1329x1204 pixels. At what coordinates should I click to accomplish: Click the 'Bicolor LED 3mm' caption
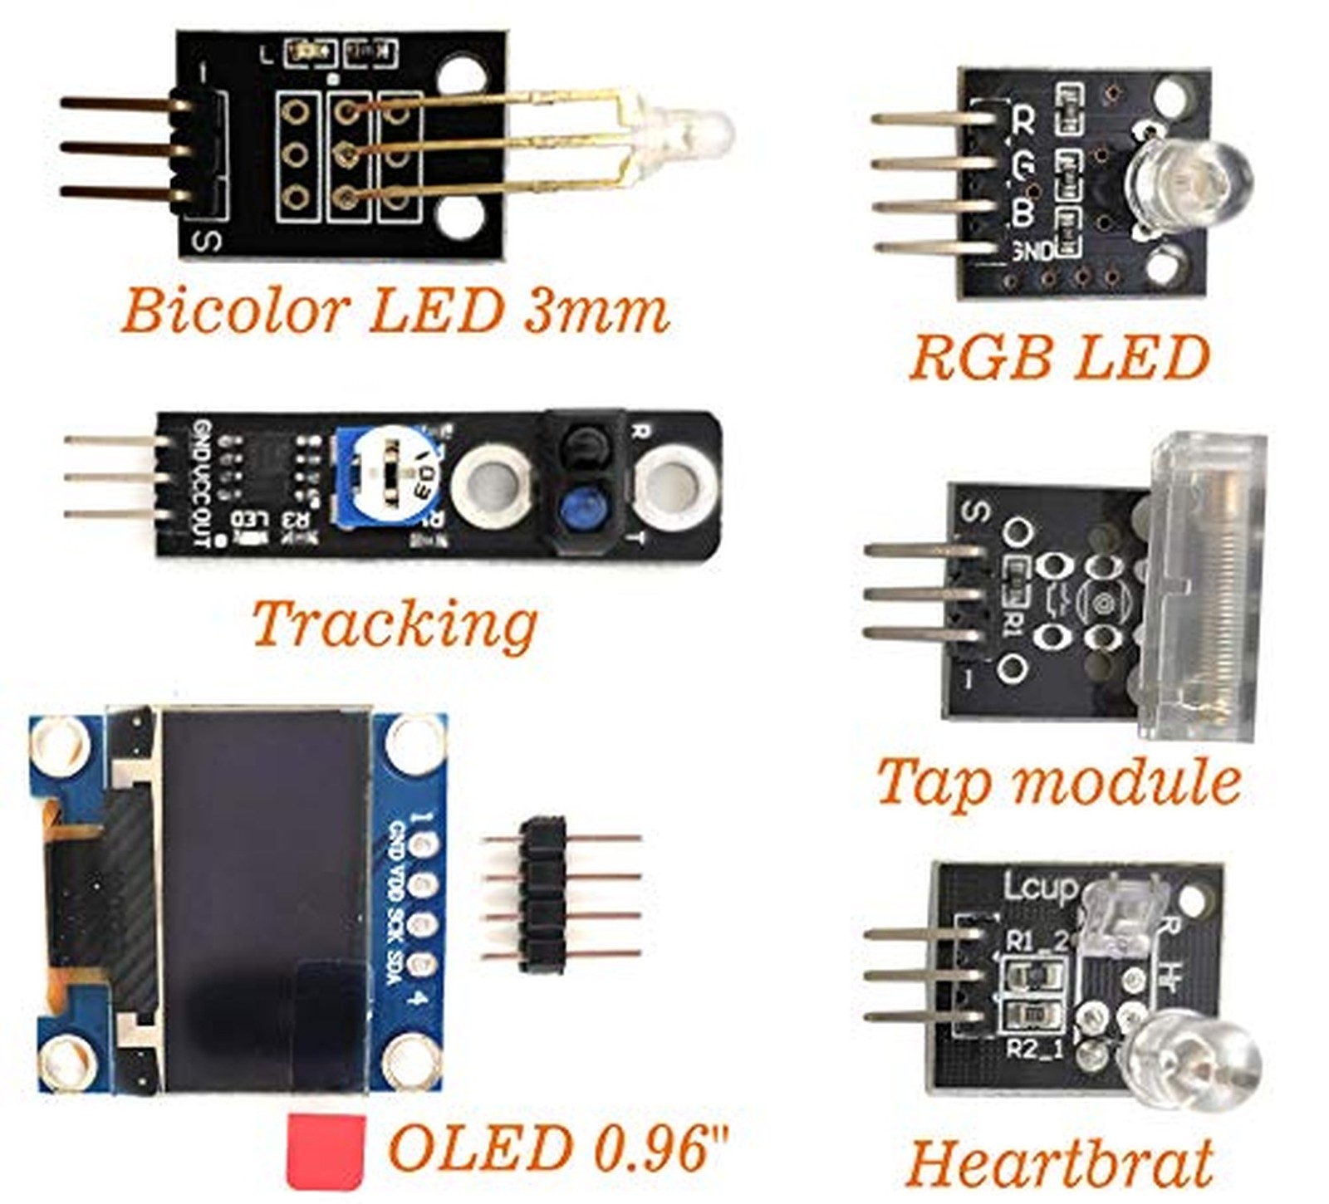[395, 311]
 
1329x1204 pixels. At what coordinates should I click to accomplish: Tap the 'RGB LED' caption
[1059, 358]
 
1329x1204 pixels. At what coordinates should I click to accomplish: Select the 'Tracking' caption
[395, 624]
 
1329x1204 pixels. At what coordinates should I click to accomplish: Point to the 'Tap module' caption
[1058, 782]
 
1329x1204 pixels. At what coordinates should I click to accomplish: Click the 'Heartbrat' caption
[1059, 1162]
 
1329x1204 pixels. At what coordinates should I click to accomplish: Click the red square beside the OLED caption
[326, 1150]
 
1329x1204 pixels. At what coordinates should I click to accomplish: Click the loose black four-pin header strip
[543, 894]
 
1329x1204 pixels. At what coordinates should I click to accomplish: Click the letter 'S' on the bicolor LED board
[207, 241]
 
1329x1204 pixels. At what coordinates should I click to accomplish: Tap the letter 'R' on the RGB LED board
[1022, 121]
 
